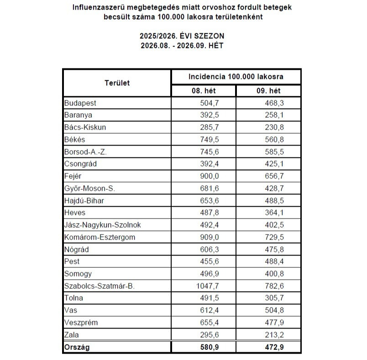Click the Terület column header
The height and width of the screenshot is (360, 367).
tap(117, 83)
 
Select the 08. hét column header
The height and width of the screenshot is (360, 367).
tap(203, 91)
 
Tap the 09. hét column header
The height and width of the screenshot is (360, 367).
tap(269, 91)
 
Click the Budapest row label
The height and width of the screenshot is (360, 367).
tap(80, 103)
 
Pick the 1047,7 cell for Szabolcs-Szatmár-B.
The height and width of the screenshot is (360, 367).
tap(207, 286)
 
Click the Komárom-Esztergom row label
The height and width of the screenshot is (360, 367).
tap(100, 237)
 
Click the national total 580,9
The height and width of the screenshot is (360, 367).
tap(209, 347)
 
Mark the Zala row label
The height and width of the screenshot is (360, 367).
tap(71, 335)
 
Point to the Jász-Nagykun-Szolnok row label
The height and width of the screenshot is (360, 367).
tap(103, 225)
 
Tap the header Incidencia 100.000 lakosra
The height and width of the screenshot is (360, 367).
tap(236, 76)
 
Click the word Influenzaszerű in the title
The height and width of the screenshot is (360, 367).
tap(98, 8)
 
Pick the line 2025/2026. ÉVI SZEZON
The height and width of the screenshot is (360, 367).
tap(182, 36)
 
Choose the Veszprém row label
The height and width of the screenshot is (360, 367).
tap(81, 323)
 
